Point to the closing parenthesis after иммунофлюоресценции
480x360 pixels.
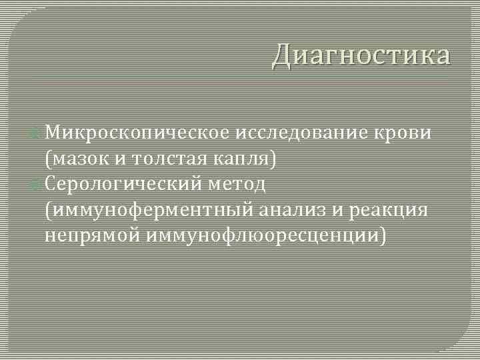[382, 235]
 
